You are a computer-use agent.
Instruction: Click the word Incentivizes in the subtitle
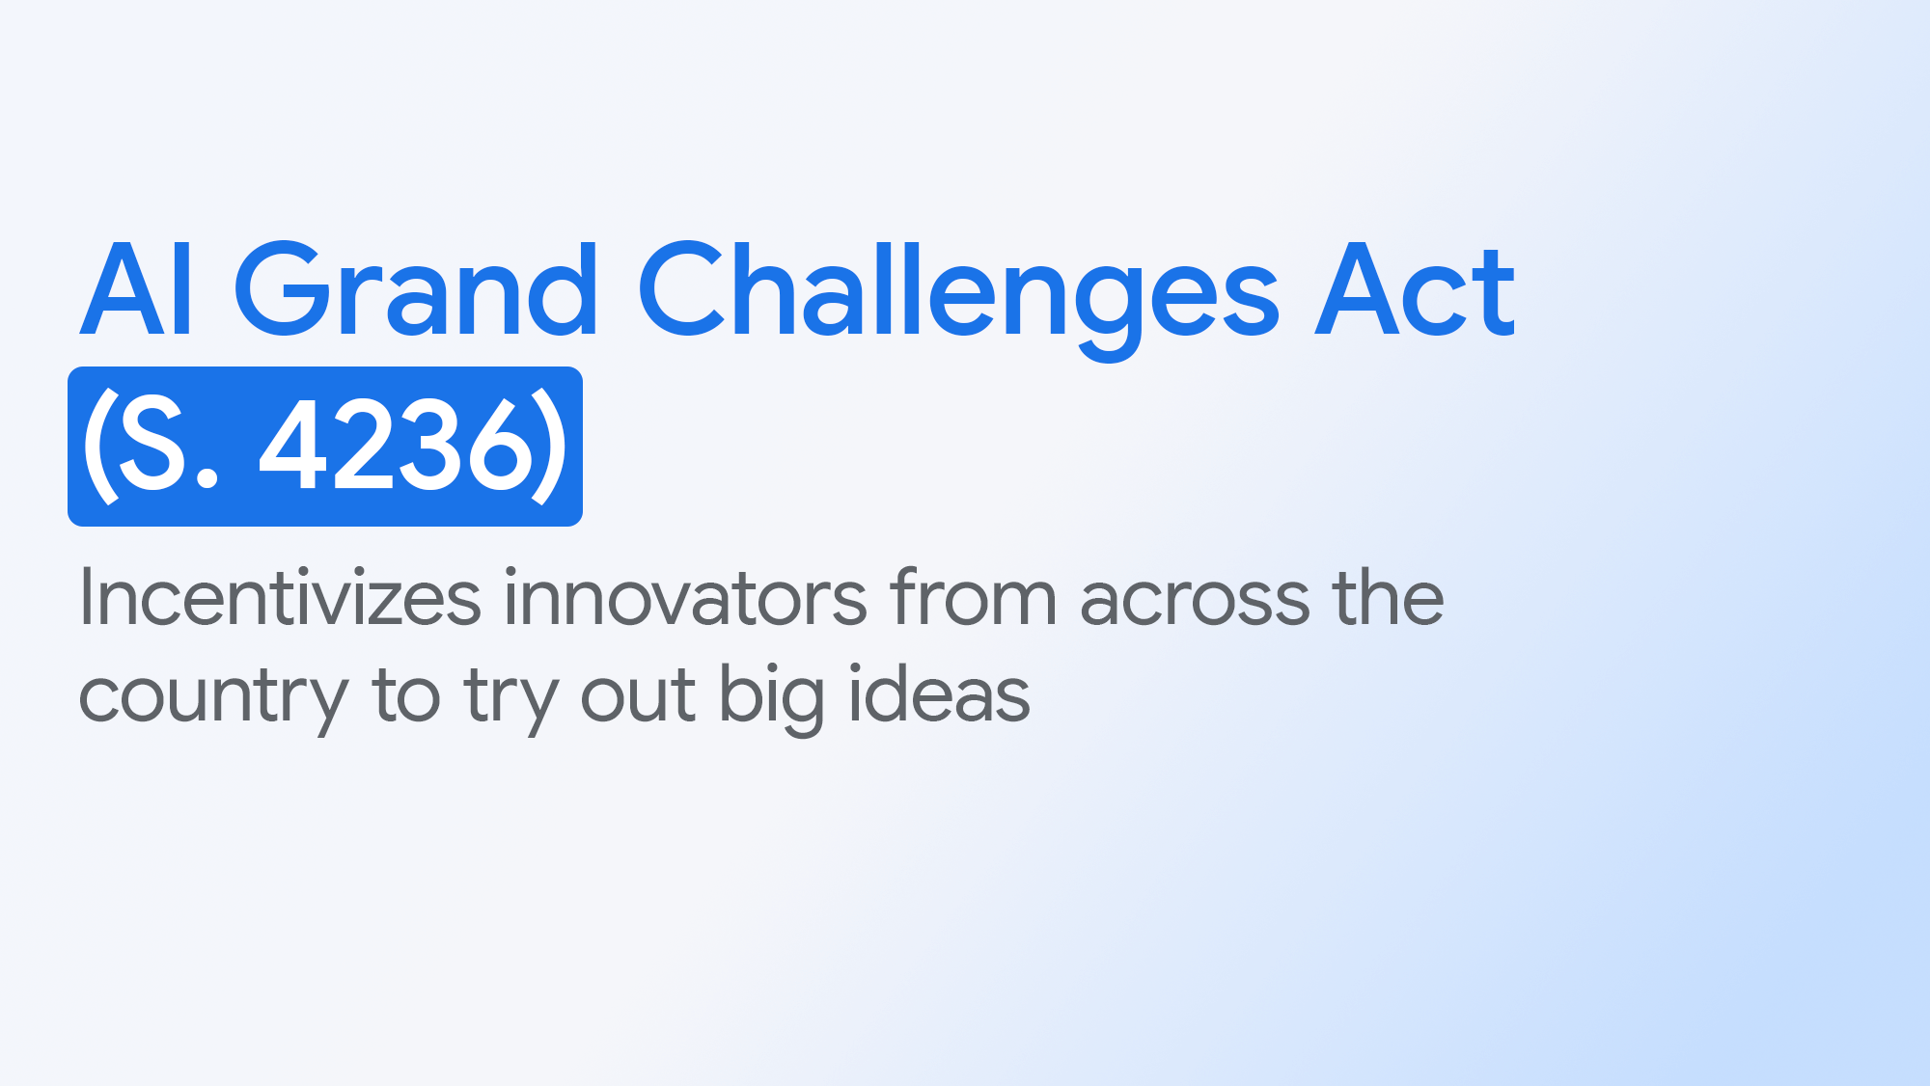[280, 599]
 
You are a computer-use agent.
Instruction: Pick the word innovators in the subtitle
[685, 599]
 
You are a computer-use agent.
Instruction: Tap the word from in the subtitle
[973, 599]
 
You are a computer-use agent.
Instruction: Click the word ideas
[939, 694]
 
